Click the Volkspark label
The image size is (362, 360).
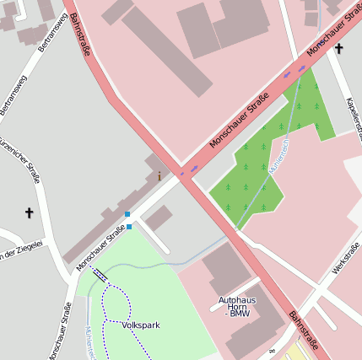pos(140,325)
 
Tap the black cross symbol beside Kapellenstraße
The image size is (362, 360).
pos(338,49)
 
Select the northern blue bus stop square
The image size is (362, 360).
pos(127,214)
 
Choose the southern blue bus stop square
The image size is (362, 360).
pos(129,226)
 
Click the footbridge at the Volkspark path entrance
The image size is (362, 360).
pos(100,273)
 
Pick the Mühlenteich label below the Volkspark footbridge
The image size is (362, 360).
pos(89,341)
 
